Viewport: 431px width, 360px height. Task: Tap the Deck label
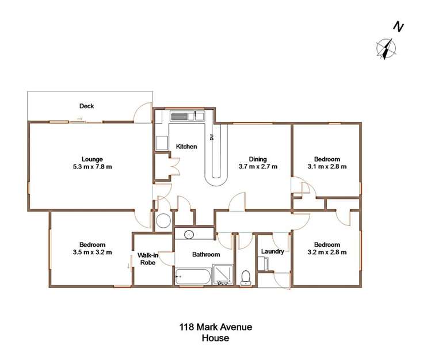[86, 106]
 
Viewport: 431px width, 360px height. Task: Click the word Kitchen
[186, 147]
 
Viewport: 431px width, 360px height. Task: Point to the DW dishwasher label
[212, 137]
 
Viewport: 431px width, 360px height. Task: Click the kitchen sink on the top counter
[180, 116]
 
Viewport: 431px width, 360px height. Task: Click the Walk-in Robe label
[148, 259]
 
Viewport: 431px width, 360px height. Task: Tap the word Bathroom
[206, 254]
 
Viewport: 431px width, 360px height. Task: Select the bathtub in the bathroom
[193, 277]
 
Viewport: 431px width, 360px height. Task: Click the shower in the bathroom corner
[223, 274]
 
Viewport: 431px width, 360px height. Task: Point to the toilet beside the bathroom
[246, 277]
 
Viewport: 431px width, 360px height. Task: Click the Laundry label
[272, 251]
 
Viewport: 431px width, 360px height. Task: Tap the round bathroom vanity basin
[188, 234]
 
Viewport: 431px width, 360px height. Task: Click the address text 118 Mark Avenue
[215, 327]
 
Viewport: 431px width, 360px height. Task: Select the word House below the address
[215, 338]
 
